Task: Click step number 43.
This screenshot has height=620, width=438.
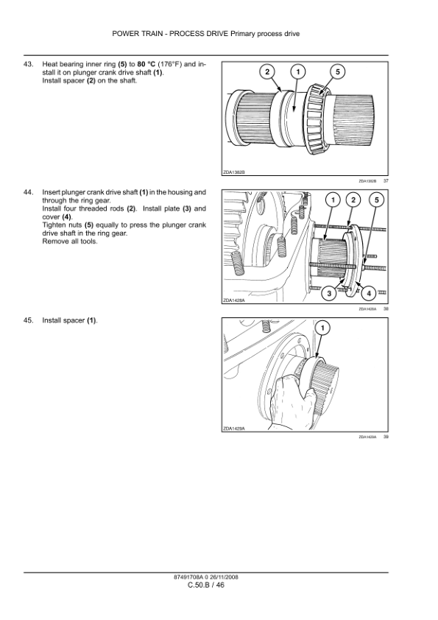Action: tap(29, 64)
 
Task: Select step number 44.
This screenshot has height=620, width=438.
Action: tap(29, 192)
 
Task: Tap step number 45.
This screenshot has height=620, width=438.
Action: tap(29, 320)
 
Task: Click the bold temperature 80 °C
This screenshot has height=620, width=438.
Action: tap(146, 64)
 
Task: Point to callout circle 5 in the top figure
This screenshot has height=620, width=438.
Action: tap(338, 71)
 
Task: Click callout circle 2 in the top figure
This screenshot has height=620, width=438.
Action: tap(267, 71)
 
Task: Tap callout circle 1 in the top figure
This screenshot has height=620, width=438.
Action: tap(298, 71)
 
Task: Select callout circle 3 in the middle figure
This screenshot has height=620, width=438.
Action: tap(329, 293)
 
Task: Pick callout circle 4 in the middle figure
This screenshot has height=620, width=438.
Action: tap(369, 293)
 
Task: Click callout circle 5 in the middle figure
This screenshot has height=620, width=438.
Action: tap(376, 200)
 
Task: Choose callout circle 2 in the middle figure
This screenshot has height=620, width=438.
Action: tap(353, 200)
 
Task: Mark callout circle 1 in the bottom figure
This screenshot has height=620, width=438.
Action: tap(322, 328)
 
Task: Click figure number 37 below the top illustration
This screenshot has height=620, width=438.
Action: tap(386, 180)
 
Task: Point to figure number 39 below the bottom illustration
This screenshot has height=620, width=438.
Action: tap(386, 437)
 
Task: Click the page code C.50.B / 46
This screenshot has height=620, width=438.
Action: tap(206, 585)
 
